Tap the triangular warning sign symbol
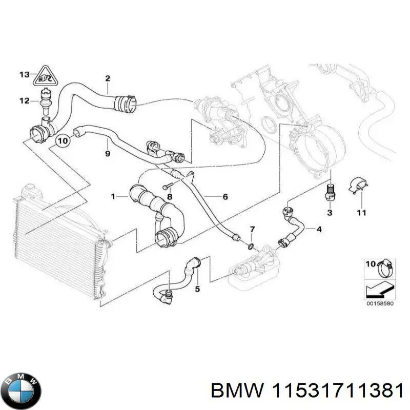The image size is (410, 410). (45, 77)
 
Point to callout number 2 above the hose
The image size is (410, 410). (108, 78)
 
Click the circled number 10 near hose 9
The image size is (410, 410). (63, 139)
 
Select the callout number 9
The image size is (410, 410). (107, 153)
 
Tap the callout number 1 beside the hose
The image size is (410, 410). (113, 196)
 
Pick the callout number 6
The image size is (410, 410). (224, 196)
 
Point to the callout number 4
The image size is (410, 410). (319, 229)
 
